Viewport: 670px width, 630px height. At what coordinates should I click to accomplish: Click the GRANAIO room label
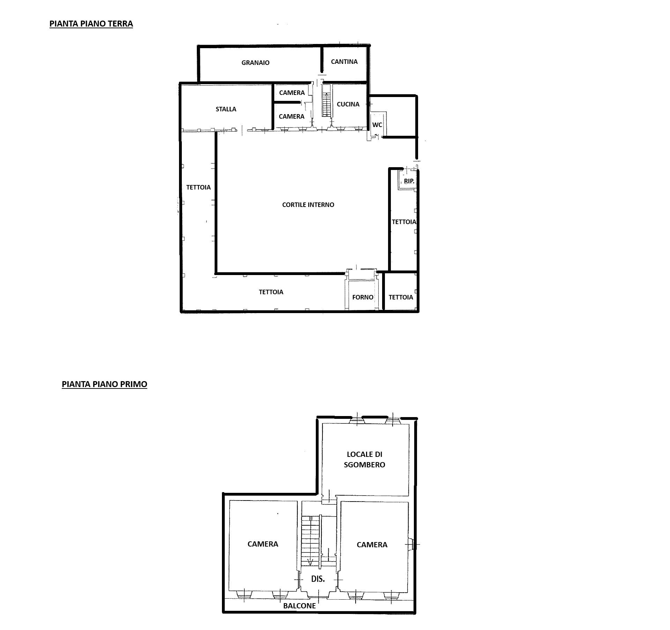pyautogui.click(x=255, y=63)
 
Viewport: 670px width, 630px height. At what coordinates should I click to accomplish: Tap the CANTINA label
pyautogui.click(x=344, y=62)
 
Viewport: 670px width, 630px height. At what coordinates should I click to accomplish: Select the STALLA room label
pyautogui.click(x=226, y=109)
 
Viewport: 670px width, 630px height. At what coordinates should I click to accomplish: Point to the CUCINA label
pyautogui.click(x=348, y=104)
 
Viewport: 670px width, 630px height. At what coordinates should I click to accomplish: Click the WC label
pyautogui.click(x=377, y=125)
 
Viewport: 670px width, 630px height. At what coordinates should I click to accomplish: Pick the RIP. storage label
pyautogui.click(x=409, y=181)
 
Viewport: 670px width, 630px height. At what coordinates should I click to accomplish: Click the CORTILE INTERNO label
pyautogui.click(x=308, y=205)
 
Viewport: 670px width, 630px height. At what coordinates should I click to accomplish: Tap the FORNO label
pyautogui.click(x=363, y=297)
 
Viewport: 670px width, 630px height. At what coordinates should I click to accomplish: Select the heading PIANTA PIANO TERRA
pyautogui.click(x=91, y=24)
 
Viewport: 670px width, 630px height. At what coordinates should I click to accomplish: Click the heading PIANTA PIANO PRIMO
pyautogui.click(x=104, y=384)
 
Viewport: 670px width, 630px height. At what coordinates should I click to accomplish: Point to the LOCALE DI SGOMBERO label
pyautogui.click(x=364, y=459)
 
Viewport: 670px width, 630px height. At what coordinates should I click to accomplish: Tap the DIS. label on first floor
pyautogui.click(x=318, y=579)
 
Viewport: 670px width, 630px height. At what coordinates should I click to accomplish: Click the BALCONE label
pyautogui.click(x=299, y=606)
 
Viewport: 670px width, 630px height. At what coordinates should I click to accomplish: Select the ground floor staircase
pyautogui.click(x=326, y=104)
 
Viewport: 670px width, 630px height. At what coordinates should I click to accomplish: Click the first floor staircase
pyautogui.click(x=311, y=541)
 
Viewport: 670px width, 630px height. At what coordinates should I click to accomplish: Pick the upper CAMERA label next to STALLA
pyautogui.click(x=292, y=93)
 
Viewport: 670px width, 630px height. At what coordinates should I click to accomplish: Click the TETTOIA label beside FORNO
pyautogui.click(x=401, y=297)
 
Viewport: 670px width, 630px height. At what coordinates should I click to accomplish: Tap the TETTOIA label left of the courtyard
pyautogui.click(x=198, y=187)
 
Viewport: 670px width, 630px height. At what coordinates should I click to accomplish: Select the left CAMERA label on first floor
pyautogui.click(x=263, y=544)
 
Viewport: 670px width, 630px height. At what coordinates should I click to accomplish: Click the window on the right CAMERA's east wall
pyautogui.click(x=412, y=544)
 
